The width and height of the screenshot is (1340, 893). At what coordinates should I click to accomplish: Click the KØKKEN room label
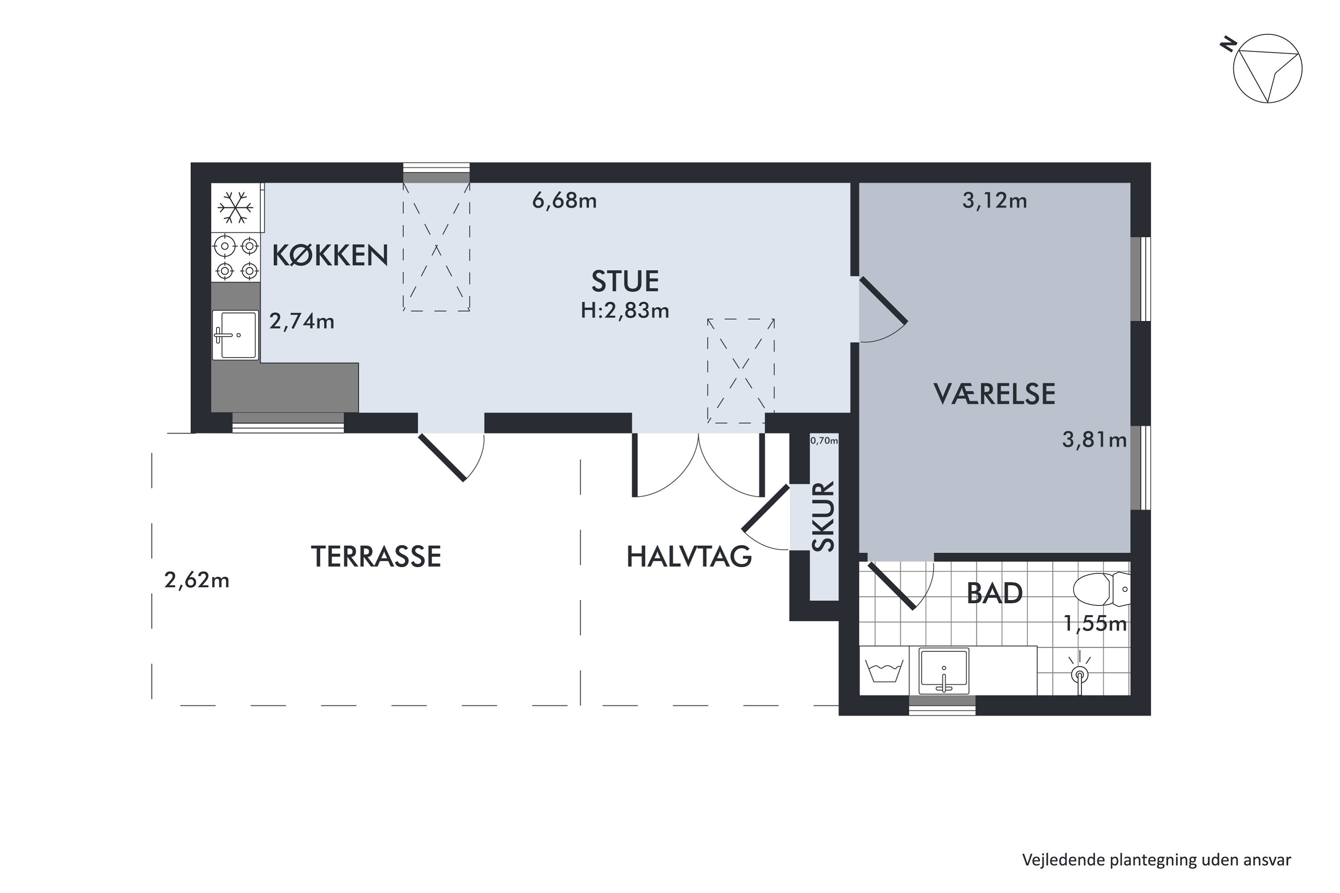[330, 256]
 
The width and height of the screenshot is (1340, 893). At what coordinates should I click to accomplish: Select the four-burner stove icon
[236, 258]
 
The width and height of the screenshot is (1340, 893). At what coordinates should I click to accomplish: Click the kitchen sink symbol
[235, 335]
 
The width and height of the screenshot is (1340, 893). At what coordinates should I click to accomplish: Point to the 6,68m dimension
[564, 200]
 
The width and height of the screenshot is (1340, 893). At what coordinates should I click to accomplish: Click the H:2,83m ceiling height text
[624, 311]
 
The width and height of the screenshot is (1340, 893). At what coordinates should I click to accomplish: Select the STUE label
[625, 281]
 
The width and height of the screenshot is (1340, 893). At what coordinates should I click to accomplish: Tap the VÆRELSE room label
[994, 394]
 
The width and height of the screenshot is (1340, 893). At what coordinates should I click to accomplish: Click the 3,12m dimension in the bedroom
[994, 200]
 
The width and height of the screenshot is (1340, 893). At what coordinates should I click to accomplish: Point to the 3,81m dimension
[1094, 440]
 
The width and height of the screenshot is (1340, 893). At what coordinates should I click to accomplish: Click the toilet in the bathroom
[1100, 589]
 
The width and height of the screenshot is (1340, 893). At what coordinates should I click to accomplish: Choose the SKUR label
[824, 517]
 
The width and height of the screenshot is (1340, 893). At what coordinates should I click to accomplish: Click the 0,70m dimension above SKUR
[824, 440]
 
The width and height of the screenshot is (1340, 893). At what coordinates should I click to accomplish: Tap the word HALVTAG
[689, 557]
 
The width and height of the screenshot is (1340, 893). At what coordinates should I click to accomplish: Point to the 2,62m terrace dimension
[197, 580]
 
